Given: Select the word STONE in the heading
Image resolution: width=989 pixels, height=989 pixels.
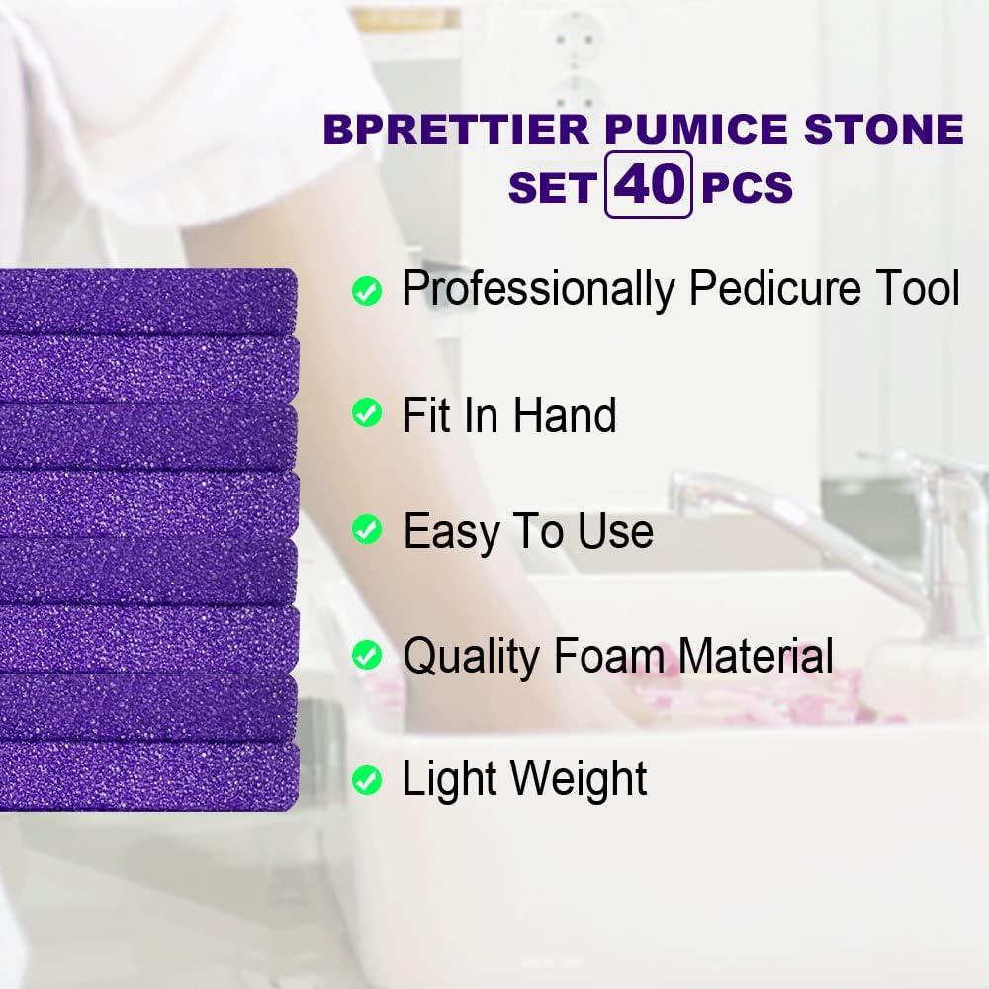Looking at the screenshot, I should click(885, 131).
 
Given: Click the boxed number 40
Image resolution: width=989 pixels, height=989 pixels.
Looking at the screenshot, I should click(648, 184).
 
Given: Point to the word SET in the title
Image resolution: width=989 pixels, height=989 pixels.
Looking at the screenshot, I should click(551, 188).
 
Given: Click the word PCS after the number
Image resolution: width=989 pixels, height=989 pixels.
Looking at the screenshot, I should click(747, 188).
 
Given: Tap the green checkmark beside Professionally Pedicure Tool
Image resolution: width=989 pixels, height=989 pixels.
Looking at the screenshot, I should click(367, 291).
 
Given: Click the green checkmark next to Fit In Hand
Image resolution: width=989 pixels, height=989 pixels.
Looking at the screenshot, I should click(367, 413).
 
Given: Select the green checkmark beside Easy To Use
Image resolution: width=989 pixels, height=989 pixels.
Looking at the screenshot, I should click(367, 531).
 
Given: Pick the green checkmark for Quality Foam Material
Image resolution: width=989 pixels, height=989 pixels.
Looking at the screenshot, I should click(367, 654).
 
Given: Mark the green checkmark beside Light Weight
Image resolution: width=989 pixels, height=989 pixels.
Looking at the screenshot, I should click(367, 781).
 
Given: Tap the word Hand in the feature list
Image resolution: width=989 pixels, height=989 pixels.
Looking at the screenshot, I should click(565, 414).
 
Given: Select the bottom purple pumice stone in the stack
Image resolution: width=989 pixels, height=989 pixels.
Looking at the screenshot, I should click(148, 771).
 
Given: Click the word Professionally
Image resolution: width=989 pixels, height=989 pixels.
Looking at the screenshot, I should click(539, 289).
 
